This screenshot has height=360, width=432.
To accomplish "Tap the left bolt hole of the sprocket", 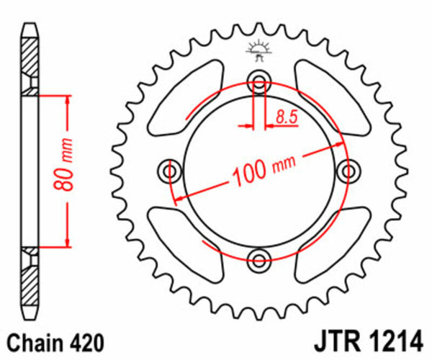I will (171, 171).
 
